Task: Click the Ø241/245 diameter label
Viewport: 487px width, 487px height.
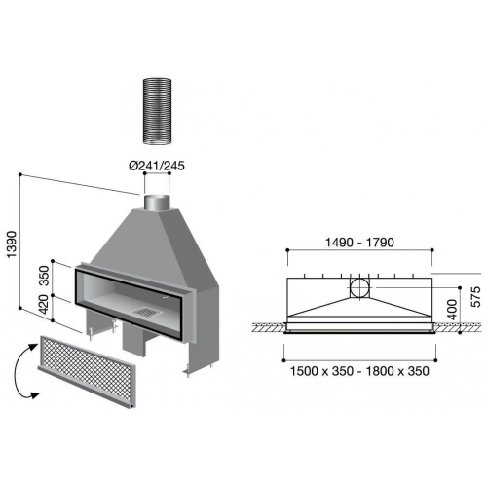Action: point(157,166)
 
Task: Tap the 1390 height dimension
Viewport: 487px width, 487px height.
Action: point(12,244)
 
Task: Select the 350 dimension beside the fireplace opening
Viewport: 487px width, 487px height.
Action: point(44,276)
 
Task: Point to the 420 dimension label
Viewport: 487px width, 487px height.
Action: point(44,304)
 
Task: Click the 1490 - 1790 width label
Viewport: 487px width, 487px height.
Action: point(359,243)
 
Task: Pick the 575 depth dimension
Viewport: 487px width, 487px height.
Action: point(475,296)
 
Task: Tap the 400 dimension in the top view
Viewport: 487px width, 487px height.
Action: point(452,310)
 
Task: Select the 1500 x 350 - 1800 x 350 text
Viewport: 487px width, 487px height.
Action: point(359,371)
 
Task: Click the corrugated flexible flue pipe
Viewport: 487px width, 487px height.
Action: point(158,111)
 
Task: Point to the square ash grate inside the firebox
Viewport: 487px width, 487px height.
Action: point(147,312)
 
